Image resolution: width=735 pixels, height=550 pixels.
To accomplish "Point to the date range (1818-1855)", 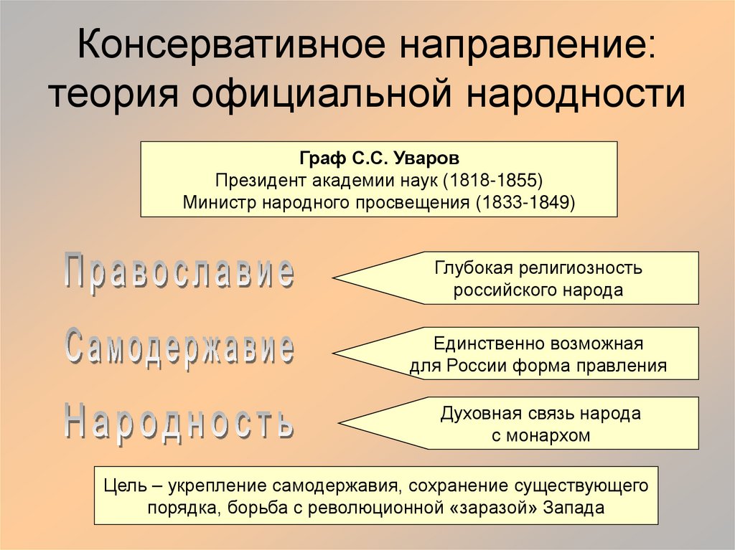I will [x=492, y=179].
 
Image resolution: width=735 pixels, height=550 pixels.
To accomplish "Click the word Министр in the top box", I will [x=220, y=201].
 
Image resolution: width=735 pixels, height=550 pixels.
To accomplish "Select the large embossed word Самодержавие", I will [x=179, y=348].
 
